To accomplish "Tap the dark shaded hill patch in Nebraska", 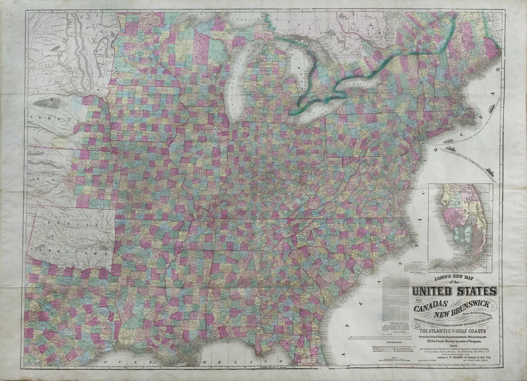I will tap(49, 103).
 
